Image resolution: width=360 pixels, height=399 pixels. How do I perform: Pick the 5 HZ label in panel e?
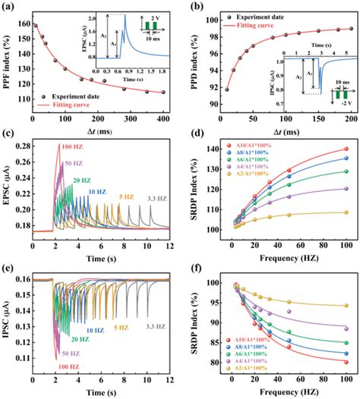coord(120,328)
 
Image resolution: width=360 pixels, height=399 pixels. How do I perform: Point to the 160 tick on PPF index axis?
coord(22,24)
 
